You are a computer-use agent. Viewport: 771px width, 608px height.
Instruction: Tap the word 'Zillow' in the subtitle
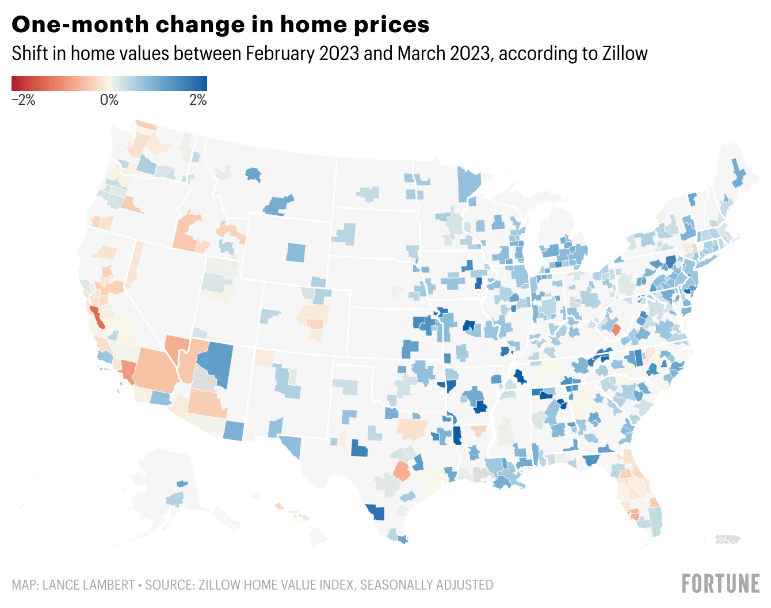[x=624, y=54]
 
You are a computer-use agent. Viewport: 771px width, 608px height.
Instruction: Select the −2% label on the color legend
[x=24, y=100]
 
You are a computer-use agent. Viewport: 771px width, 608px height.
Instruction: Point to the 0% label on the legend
[x=109, y=100]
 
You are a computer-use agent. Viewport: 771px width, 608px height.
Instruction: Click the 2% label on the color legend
[x=198, y=100]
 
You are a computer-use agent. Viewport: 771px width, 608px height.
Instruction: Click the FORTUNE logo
[x=721, y=583]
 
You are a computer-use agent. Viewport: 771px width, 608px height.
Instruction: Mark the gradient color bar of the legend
[x=109, y=83]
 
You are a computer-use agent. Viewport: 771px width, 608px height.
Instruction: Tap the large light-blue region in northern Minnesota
[x=469, y=183]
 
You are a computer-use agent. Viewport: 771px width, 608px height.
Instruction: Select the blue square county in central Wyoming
[x=296, y=252]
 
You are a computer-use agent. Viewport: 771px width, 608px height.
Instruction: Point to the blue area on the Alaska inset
[x=175, y=498]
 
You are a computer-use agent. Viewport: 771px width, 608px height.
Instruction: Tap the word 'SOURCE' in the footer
[x=169, y=585]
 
